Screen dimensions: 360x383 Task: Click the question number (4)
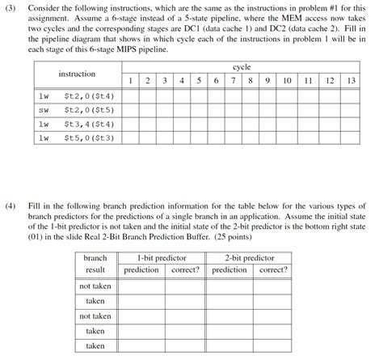tap(11, 207)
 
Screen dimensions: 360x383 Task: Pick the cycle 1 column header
tap(130, 81)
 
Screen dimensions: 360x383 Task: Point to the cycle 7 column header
tap(233, 81)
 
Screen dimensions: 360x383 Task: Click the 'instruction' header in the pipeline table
tap(77, 74)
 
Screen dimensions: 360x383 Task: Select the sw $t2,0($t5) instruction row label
tap(77, 110)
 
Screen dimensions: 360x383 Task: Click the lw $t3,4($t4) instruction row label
tap(77, 124)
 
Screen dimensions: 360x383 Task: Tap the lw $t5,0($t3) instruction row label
tap(77, 138)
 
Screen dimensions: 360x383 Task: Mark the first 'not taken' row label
tap(95, 286)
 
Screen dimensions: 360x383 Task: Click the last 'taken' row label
tap(95, 345)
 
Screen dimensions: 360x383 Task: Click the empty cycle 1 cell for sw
tap(130, 110)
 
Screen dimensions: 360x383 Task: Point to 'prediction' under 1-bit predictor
tap(141, 269)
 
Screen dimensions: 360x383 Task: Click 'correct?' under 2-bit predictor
tap(272, 269)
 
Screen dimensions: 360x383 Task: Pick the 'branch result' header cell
tap(95, 264)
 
